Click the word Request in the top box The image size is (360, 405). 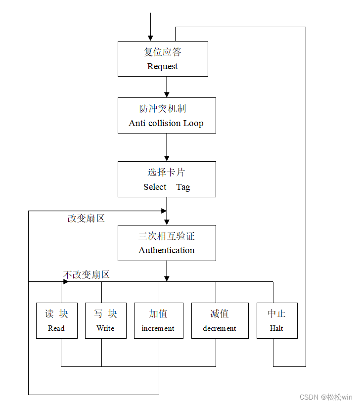(x=162, y=67)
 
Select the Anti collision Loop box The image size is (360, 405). (x=167, y=115)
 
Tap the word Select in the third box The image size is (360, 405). (x=155, y=187)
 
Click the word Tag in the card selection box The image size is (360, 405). (x=183, y=187)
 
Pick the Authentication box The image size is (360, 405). (x=167, y=243)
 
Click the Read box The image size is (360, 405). (x=56, y=320)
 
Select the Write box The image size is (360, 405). (x=105, y=320)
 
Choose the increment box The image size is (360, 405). (x=158, y=320)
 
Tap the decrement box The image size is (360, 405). (x=220, y=320)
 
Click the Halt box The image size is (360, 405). (x=277, y=320)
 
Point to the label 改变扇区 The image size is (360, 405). (x=86, y=218)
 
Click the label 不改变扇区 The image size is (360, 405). (x=86, y=275)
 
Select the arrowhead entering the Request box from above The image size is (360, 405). (x=150, y=38)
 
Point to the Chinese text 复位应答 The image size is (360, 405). (x=162, y=52)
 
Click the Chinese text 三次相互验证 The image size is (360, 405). (x=167, y=236)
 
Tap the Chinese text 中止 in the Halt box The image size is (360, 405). (x=277, y=314)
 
